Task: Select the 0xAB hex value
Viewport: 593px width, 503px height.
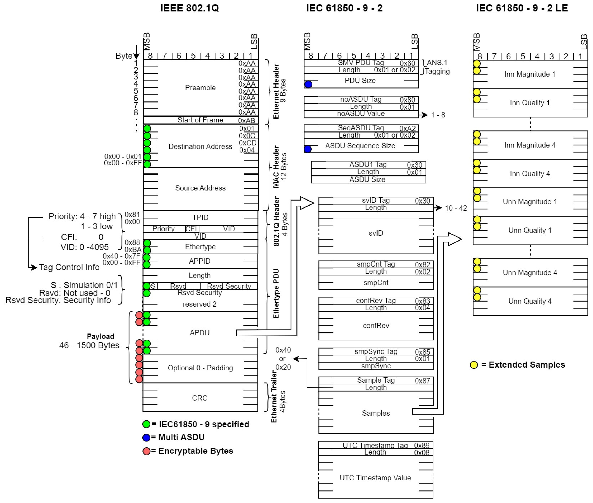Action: (x=246, y=121)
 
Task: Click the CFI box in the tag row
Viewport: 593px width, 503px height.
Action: (x=191, y=229)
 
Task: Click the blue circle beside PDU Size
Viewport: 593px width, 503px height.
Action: (x=308, y=84)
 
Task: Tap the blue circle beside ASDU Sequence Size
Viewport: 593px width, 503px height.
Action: (x=307, y=149)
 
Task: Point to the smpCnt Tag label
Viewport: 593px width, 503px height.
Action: (x=376, y=264)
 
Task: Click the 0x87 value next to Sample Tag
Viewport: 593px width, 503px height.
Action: (x=422, y=381)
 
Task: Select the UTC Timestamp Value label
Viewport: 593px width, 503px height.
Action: (x=375, y=478)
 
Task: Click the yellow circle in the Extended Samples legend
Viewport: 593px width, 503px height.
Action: (x=474, y=365)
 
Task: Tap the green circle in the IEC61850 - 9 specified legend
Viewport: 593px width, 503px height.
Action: (x=146, y=424)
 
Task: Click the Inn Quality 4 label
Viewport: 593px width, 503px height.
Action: (x=530, y=174)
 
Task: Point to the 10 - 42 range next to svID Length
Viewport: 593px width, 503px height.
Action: (x=456, y=208)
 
